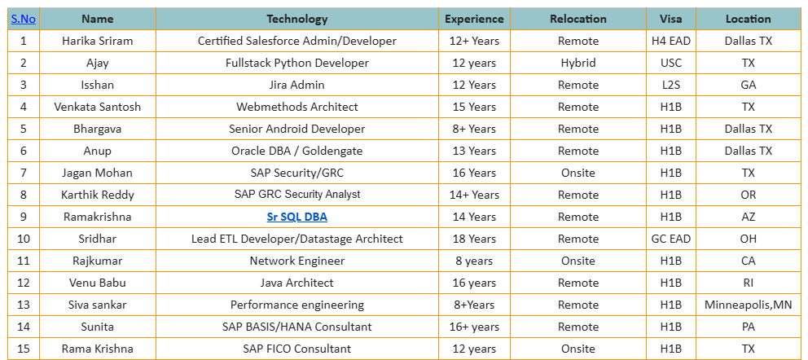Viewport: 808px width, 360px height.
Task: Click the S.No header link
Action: [x=24, y=19]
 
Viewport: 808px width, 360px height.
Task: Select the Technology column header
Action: [x=296, y=19]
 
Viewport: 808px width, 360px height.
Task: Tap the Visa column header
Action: [x=671, y=19]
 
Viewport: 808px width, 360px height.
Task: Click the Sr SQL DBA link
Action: [x=296, y=217]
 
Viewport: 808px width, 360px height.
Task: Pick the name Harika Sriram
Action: [x=97, y=41]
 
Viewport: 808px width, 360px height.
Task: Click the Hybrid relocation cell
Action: [x=577, y=63]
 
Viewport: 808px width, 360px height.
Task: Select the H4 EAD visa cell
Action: [x=671, y=41]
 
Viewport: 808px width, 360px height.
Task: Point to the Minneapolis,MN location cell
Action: [x=748, y=305]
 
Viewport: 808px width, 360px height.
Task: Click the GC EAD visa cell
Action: [x=671, y=239]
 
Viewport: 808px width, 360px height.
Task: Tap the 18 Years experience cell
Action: [x=474, y=239]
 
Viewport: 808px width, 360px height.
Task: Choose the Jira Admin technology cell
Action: [x=296, y=85]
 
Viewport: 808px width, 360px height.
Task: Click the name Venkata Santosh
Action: [x=97, y=107]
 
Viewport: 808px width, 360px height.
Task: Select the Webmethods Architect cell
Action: [x=296, y=107]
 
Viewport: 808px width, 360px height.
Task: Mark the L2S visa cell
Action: [x=671, y=85]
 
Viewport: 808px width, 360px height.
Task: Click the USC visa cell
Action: [x=671, y=63]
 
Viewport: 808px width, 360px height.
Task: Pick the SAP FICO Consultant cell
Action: [x=296, y=349]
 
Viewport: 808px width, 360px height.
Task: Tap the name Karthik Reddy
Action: [x=97, y=195]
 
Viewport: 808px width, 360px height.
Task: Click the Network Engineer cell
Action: [x=296, y=261]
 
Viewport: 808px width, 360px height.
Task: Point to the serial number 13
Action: [x=24, y=305]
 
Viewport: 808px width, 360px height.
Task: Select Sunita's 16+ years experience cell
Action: [x=474, y=327]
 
